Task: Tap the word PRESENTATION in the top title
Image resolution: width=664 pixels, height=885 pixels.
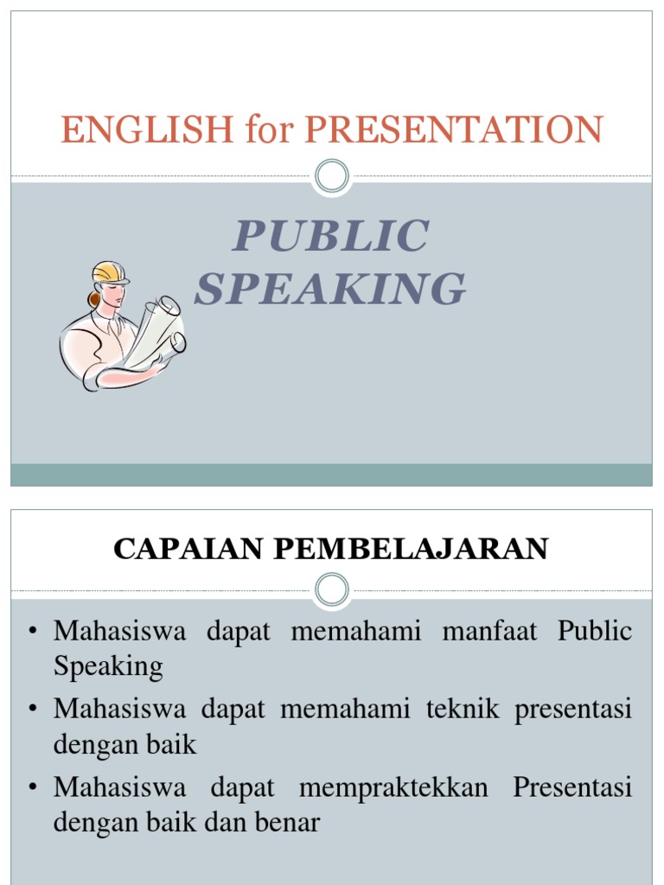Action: click(x=453, y=130)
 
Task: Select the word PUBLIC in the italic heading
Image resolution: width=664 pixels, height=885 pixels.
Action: click(x=330, y=237)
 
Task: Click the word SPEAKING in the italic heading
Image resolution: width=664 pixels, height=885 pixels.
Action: click(x=330, y=289)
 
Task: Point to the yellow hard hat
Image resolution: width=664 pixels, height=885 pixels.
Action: click(x=110, y=272)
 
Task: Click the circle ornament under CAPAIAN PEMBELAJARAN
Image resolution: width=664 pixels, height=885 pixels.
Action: click(x=331, y=589)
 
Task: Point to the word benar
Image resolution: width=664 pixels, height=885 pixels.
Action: click(x=289, y=823)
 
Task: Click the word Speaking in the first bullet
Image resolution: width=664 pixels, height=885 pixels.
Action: click(x=107, y=666)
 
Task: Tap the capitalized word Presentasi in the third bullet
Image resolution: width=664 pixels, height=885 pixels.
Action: click(x=572, y=788)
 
